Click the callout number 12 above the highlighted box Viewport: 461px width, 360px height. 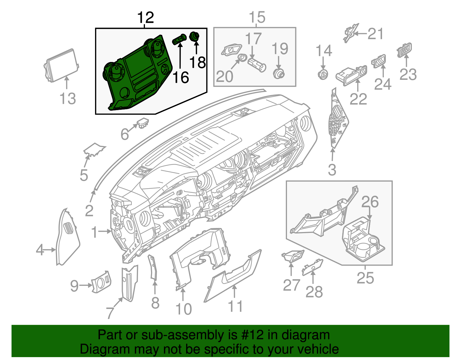[146, 18]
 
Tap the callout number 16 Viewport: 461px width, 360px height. [181, 78]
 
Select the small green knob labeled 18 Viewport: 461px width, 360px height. [195, 37]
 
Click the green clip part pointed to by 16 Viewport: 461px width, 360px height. [179, 39]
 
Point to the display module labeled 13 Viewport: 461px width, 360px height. [61, 66]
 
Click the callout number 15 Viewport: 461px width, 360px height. [257, 18]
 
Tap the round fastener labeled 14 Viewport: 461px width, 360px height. [323, 74]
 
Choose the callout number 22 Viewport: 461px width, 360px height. [358, 99]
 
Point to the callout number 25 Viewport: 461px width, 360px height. [365, 278]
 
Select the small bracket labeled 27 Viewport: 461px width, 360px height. [292, 256]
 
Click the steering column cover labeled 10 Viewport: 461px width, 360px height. [199, 254]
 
